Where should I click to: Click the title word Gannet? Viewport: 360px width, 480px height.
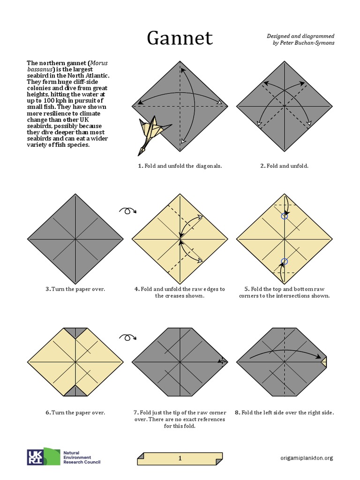point(180,38)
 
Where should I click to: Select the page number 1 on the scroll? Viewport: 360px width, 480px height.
point(180,458)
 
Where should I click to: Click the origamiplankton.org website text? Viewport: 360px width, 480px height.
point(307,458)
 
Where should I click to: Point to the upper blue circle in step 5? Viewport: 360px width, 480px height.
point(284,216)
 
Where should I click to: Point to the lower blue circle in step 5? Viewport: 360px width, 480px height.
point(284,262)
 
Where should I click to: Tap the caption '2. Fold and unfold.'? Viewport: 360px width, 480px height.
point(285,166)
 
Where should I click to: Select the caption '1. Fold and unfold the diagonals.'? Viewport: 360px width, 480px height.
point(180,166)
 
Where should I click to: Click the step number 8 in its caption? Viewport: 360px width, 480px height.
point(237,412)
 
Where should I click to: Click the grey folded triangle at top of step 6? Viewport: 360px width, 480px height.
point(75,333)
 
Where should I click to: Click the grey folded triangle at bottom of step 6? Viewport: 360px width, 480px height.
point(75,391)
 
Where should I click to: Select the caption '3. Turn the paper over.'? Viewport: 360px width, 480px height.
point(75,289)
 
